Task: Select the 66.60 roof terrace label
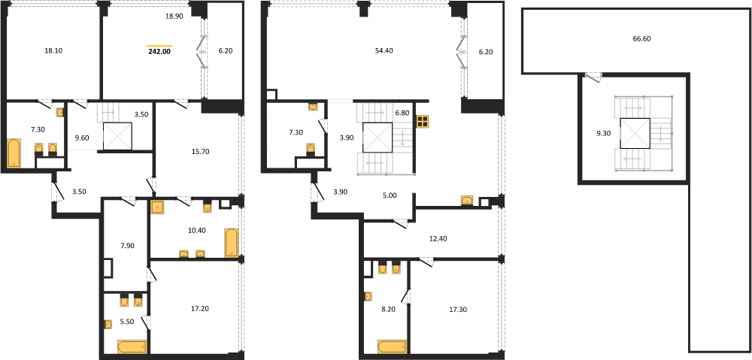tap(641, 39)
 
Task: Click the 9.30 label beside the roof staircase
tap(603, 135)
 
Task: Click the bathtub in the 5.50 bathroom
tap(132, 346)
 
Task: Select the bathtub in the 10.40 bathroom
tap(231, 243)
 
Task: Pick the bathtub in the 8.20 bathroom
tap(392, 346)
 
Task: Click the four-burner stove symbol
tap(423, 122)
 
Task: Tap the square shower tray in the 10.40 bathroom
tap(157, 207)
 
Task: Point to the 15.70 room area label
tap(199, 152)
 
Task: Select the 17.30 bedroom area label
tap(459, 309)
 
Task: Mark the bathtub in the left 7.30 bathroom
tap(14, 153)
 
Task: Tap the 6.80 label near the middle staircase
tap(402, 113)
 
